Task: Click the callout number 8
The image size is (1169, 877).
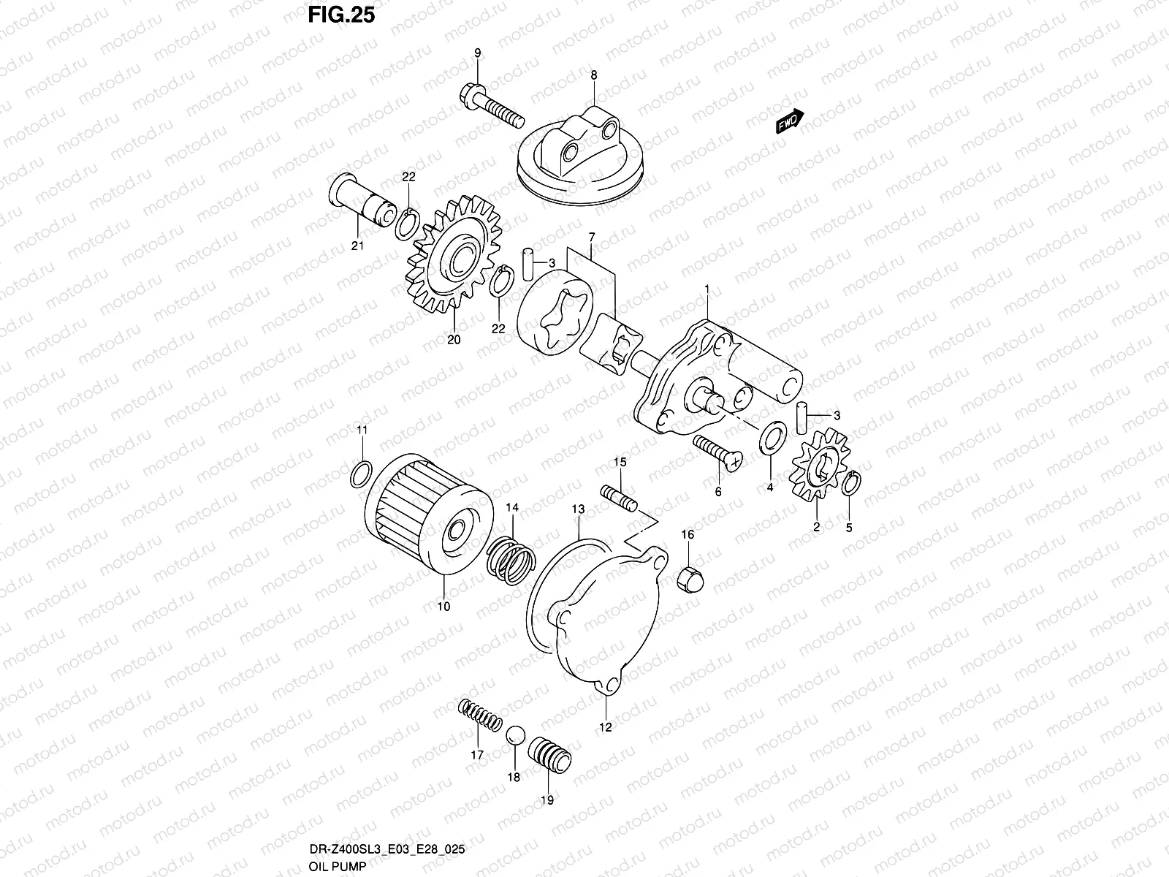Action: point(593,75)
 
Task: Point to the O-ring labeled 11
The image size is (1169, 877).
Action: point(361,474)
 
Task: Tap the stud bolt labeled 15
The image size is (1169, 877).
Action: point(620,498)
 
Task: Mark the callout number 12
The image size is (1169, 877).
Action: point(606,726)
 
